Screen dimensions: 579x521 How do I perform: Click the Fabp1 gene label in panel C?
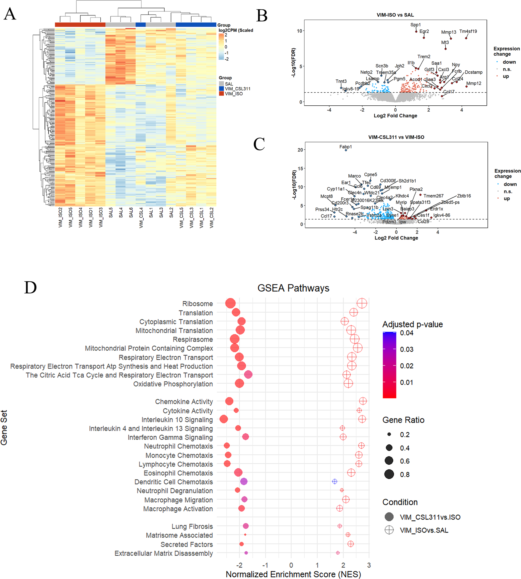[x=345, y=147]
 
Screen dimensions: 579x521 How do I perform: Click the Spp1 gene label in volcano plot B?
[x=415, y=25]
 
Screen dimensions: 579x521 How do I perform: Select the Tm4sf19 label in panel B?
[x=468, y=31]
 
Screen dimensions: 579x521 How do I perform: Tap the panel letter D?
[x=30, y=287]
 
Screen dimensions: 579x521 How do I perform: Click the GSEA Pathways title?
[x=293, y=288]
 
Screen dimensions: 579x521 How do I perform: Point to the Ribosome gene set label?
[x=197, y=304]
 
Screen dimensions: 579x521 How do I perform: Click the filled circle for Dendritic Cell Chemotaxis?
[x=244, y=481]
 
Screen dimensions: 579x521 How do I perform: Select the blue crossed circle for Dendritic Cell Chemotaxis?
[x=334, y=481]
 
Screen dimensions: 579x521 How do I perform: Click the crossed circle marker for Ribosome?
[x=362, y=303]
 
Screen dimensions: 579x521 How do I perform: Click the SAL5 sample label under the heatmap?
[x=111, y=213]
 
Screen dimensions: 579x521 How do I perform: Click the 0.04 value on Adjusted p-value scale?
[x=407, y=333]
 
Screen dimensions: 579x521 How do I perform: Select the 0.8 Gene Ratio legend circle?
[x=389, y=474]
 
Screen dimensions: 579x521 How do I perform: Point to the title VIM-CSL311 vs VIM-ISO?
[x=396, y=137]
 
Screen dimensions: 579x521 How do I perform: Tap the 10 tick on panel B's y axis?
[x=299, y=31]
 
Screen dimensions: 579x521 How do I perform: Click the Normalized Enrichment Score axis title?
[x=293, y=574]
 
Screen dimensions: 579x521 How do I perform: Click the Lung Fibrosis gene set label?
[x=192, y=526]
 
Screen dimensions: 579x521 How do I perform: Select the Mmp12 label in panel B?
[x=474, y=83]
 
